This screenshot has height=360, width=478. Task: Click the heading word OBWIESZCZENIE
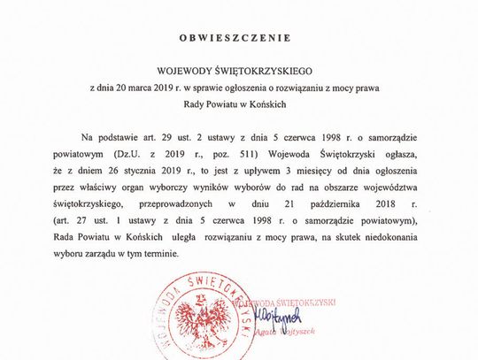coord(238,40)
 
